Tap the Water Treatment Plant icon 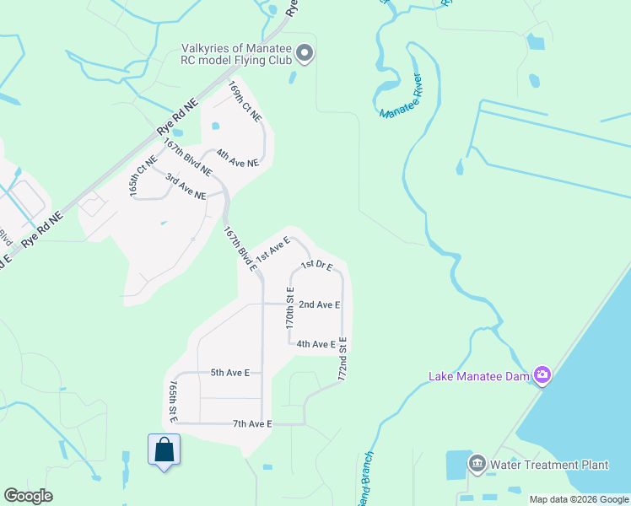point(477,465)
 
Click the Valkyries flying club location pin point(305,55)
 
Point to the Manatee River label point(400,97)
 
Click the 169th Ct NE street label point(245,101)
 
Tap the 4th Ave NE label point(237,158)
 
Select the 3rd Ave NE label point(186,186)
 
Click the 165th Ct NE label point(143,176)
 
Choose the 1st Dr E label point(317,266)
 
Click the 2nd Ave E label point(319,304)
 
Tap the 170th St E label point(289,308)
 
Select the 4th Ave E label point(316,344)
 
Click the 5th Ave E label point(229,372)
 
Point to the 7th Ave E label point(252,423)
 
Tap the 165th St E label point(173,401)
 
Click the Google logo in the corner point(28,496)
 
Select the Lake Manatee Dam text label point(479,376)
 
